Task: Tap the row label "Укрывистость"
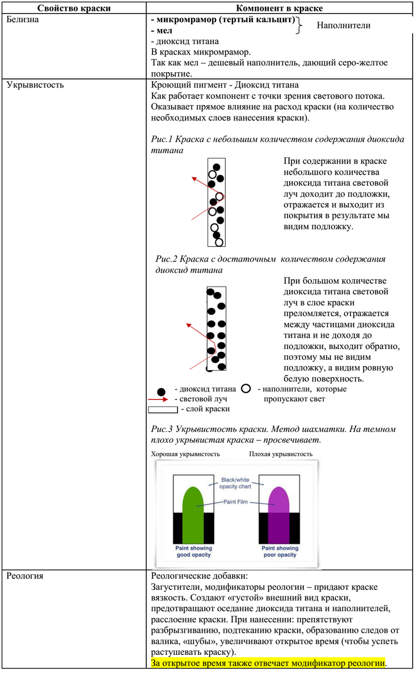coord(35,86)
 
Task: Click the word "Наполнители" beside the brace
coord(343,26)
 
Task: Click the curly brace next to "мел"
coord(300,26)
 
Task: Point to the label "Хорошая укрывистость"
coord(185,454)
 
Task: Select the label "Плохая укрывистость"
coord(281,454)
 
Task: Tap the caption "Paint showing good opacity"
coord(193,552)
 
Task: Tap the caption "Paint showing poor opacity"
coord(280,552)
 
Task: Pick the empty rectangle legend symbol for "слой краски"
coord(163,409)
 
